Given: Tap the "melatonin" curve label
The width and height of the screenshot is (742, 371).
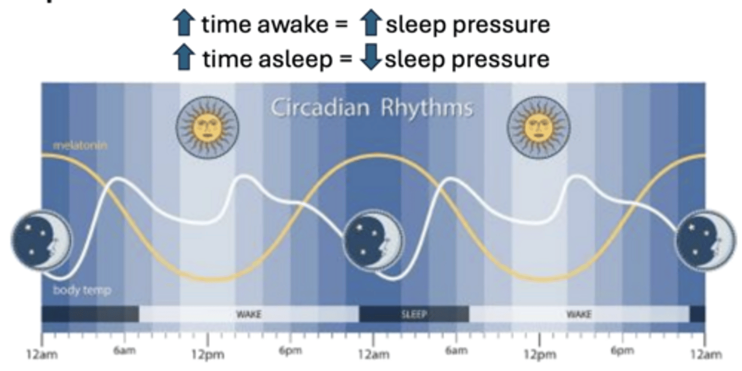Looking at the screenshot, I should pos(80,146).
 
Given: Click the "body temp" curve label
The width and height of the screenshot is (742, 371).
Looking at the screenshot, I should pos(82,291).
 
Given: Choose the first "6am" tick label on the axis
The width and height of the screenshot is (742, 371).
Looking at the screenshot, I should pos(124,352).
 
